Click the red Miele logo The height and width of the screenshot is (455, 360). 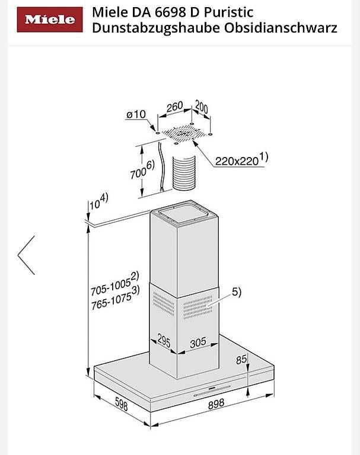click(x=50, y=20)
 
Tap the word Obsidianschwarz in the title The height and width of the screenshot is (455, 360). click(x=281, y=28)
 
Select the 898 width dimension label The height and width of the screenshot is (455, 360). click(x=216, y=403)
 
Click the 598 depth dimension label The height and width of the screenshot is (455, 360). click(x=122, y=403)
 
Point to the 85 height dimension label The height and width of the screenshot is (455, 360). click(x=241, y=360)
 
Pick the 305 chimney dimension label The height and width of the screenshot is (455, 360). click(x=198, y=342)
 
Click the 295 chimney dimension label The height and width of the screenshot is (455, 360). click(x=164, y=340)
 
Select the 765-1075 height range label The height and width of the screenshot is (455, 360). click(x=115, y=299)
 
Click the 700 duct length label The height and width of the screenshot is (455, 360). click(x=142, y=170)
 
